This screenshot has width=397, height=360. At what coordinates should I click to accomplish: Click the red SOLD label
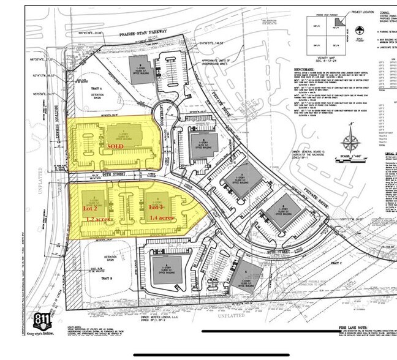116,147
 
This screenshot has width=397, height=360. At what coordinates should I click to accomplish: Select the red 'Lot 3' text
157,208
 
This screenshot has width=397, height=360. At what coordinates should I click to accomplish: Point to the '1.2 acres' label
99,219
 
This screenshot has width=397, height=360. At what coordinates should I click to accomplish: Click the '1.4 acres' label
162,218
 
